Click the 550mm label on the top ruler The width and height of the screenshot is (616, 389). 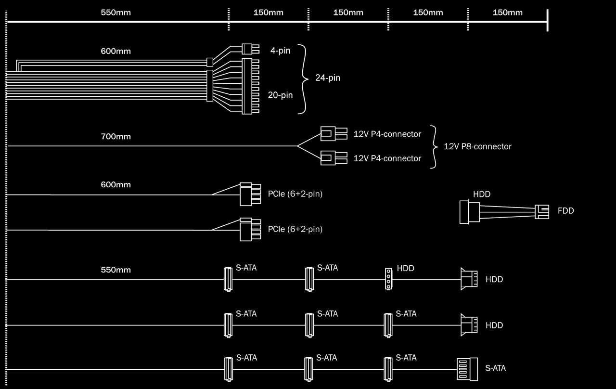115,13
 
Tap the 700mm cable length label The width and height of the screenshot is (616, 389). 115,136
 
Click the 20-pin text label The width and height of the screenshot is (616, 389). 280,95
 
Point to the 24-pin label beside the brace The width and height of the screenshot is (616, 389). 327,78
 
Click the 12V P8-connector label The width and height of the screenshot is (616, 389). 477,146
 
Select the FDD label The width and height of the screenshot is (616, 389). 565,211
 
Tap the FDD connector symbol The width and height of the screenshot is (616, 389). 542,211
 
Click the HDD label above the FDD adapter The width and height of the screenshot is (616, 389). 482,194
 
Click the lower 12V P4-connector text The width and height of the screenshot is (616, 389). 387,158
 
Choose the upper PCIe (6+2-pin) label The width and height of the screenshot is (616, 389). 295,194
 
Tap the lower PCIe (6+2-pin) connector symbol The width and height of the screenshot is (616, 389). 250,229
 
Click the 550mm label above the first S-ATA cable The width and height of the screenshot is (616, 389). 115,270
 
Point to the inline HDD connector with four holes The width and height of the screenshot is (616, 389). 388,279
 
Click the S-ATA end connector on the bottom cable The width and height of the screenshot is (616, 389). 467,369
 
